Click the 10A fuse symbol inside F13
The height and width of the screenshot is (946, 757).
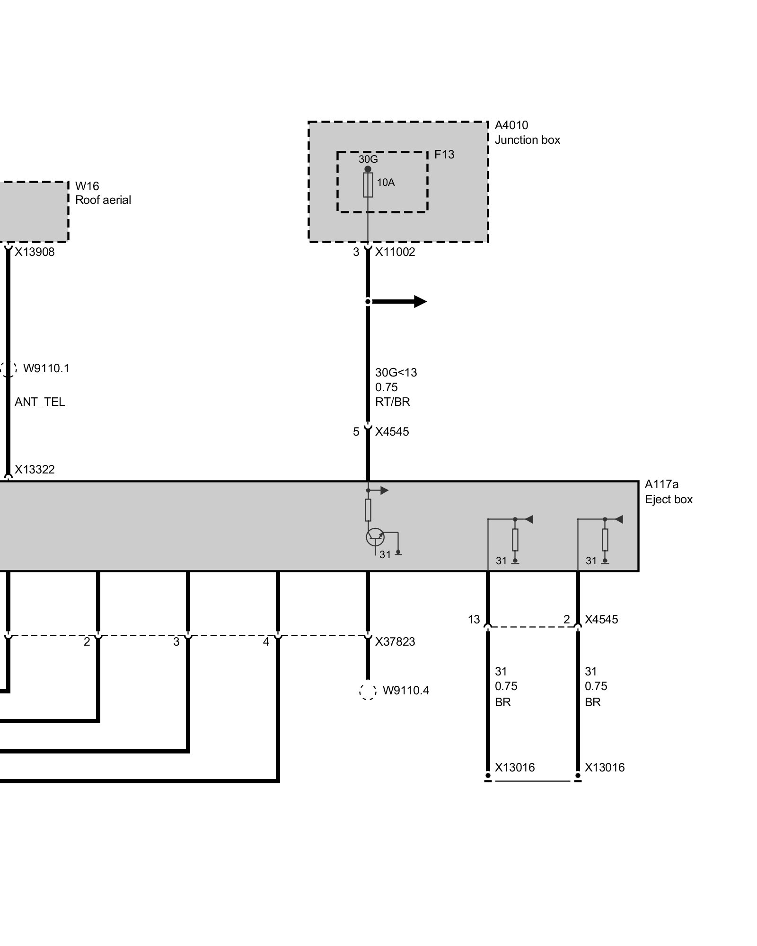(368, 185)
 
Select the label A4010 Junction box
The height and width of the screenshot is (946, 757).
(527, 132)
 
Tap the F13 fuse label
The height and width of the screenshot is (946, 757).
(444, 155)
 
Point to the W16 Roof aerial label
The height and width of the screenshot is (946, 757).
(103, 193)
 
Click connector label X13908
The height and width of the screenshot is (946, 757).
(35, 252)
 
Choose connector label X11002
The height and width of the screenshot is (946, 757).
(395, 252)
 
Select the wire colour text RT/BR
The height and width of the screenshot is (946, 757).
(392, 402)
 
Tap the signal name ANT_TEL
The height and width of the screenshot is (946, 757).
(40, 402)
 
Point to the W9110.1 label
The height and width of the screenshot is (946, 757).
(46, 368)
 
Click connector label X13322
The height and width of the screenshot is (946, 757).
(35, 470)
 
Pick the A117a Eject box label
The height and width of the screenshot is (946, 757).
(668, 492)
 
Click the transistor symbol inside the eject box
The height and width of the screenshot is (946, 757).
(375, 537)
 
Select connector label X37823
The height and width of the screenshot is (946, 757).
(395, 642)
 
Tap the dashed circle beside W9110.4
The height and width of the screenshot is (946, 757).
(368, 691)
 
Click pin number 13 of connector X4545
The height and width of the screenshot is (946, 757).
(474, 620)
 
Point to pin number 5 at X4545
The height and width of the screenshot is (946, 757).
(356, 432)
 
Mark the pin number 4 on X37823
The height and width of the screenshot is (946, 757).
(266, 642)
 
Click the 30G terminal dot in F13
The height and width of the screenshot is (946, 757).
(368, 169)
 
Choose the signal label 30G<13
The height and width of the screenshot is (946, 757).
(396, 373)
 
